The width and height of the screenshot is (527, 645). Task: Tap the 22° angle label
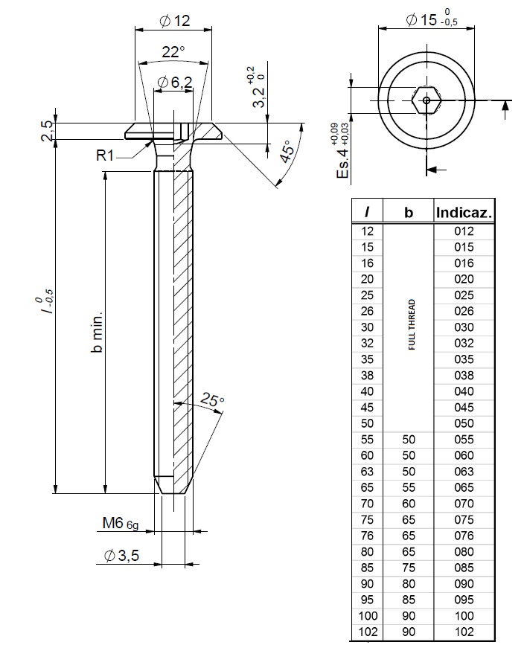173,53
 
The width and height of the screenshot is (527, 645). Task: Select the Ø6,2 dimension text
174,83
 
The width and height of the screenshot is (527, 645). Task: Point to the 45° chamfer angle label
286,150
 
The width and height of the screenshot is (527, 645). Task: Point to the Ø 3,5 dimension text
122,556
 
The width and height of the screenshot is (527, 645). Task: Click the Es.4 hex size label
342,153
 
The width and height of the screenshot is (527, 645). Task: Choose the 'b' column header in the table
408,212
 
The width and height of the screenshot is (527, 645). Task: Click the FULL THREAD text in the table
412,324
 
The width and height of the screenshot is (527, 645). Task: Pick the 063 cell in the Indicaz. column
464,471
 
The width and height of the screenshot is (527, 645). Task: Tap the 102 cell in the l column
368,632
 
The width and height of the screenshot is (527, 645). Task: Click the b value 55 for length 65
408,487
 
